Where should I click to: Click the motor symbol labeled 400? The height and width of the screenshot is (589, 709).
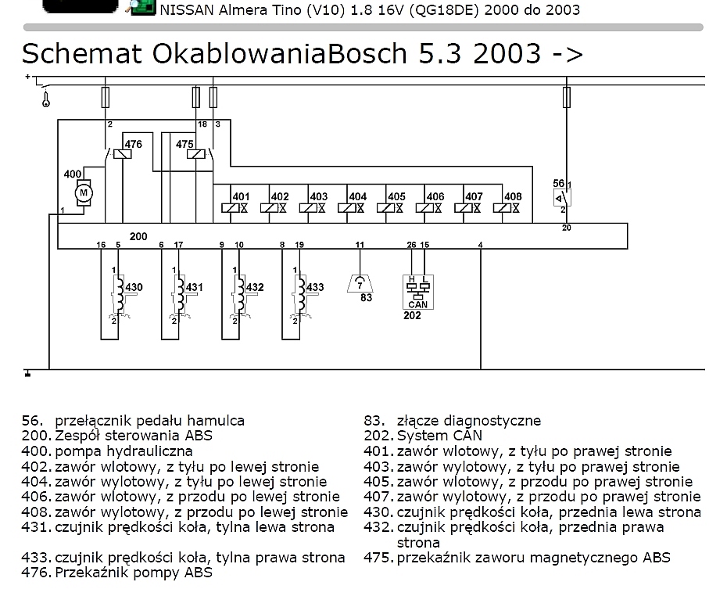click(83, 193)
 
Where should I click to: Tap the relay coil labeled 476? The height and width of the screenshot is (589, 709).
click(123, 154)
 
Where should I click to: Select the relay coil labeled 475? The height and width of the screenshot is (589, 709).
click(195, 154)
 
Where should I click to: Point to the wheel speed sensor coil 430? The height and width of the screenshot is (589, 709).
click(119, 294)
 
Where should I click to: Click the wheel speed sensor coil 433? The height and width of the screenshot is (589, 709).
click(300, 294)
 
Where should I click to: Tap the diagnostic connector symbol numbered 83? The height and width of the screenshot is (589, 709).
click(360, 284)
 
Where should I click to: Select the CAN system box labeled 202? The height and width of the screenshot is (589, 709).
click(417, 293)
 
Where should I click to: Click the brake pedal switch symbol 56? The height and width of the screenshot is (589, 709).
click(562, 198)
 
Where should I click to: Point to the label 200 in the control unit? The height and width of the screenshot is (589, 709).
click(138, 236)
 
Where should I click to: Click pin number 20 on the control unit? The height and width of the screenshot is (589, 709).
click(567, 228)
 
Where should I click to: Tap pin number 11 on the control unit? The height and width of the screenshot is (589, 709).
click(360, 245)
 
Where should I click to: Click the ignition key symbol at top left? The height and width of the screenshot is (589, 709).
click(45, 99)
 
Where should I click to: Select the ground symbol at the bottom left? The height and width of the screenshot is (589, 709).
click(27, 373)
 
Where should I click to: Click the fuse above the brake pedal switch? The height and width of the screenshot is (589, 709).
click(567, 97)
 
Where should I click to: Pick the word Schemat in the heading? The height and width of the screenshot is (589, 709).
click(82, 53)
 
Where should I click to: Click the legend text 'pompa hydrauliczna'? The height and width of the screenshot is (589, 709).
click(124, 451)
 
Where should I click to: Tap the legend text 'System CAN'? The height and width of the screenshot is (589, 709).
click(439, 436)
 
